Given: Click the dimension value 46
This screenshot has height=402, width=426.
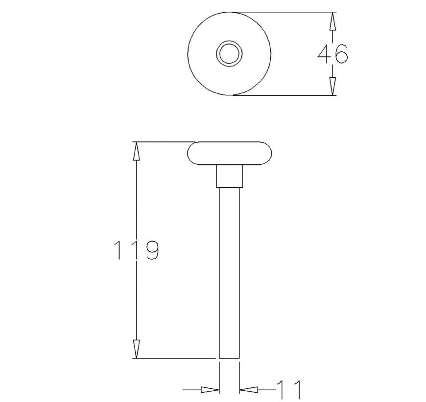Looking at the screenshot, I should tap(332, 54).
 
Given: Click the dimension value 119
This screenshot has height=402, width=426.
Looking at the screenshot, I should tap(135, 250).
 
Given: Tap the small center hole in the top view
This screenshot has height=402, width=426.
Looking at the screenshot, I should tap(229, 53).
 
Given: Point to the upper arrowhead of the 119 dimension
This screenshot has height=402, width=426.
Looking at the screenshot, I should tap(137, 151).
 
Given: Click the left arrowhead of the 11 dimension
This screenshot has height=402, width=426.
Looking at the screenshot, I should tap(210, 390).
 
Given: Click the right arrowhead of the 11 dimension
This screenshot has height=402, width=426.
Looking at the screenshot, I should tap(248, 390).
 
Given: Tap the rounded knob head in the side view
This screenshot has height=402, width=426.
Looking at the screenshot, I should tap(230, 153).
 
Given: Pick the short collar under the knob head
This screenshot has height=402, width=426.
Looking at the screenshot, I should tap(230, 176).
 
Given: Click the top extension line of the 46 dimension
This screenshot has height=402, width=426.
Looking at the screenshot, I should tap(284, 12).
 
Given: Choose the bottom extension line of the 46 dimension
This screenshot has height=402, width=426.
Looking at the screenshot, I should tap(284, 95).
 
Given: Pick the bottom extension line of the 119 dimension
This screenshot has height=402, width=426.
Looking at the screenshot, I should tap(176, 358).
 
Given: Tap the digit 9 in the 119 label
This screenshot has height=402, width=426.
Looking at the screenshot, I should tap(150, 250).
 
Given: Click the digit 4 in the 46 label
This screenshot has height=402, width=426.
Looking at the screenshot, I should tap(324, 54).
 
